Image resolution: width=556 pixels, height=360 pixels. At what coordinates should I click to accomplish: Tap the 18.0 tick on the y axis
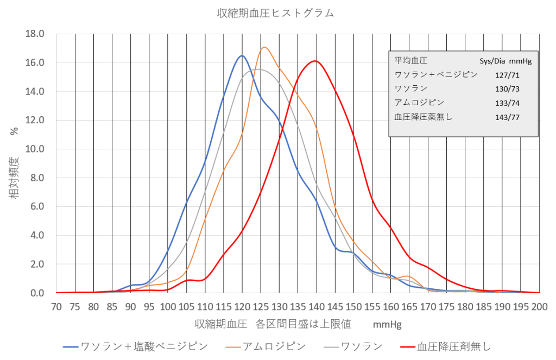(35, 34)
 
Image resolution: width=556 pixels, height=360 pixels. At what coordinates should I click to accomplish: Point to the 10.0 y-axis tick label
(35, 149)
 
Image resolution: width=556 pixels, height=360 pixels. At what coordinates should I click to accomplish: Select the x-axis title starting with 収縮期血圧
(273, 324)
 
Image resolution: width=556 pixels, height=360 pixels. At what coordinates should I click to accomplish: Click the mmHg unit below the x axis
(387, 325)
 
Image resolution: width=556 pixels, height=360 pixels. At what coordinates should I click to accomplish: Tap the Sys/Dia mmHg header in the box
(505, 61)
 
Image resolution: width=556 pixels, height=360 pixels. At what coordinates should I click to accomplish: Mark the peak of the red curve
(315, 61)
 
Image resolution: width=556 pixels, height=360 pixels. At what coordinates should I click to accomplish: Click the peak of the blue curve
(242, 55)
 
